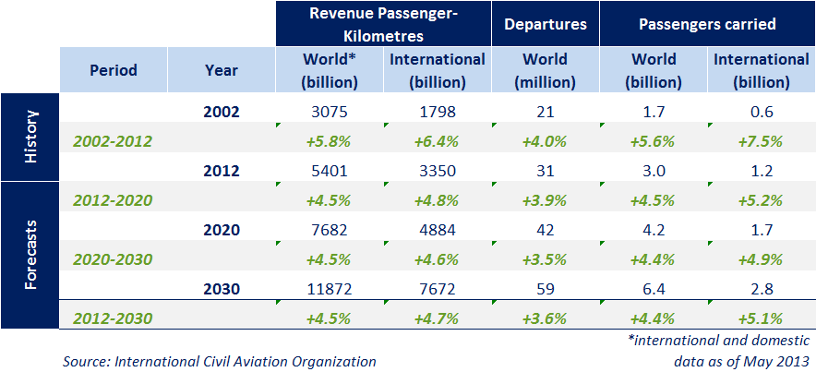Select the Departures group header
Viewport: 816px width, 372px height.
(x=546, y=24)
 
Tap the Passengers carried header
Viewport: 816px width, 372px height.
(x=707, y=24)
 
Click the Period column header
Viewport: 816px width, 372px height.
(x=114, y=70)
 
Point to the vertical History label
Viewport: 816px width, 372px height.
(x=30, y=137)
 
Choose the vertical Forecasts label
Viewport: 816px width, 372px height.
(x=30, y=254)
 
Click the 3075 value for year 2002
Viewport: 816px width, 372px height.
(x=330, y=113)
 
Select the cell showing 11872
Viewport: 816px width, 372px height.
(x=330, y=288)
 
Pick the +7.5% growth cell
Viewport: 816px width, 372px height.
(x=762, y=141)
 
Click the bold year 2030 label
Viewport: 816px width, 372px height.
(x=222, y=288)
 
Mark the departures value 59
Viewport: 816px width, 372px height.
(x=545, y=288)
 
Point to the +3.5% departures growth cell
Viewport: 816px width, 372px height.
(x=545, y=258)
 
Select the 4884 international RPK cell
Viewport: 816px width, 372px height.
(x=438, y=229)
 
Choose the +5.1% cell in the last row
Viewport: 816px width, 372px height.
(x=762, y=318)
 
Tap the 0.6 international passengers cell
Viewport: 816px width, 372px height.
(x=762, y=113)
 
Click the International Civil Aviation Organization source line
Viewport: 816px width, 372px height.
(x=219, y=361)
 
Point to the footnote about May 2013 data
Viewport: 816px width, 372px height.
(x=723, y=351)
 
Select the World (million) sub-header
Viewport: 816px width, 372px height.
(x=545, y=70)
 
